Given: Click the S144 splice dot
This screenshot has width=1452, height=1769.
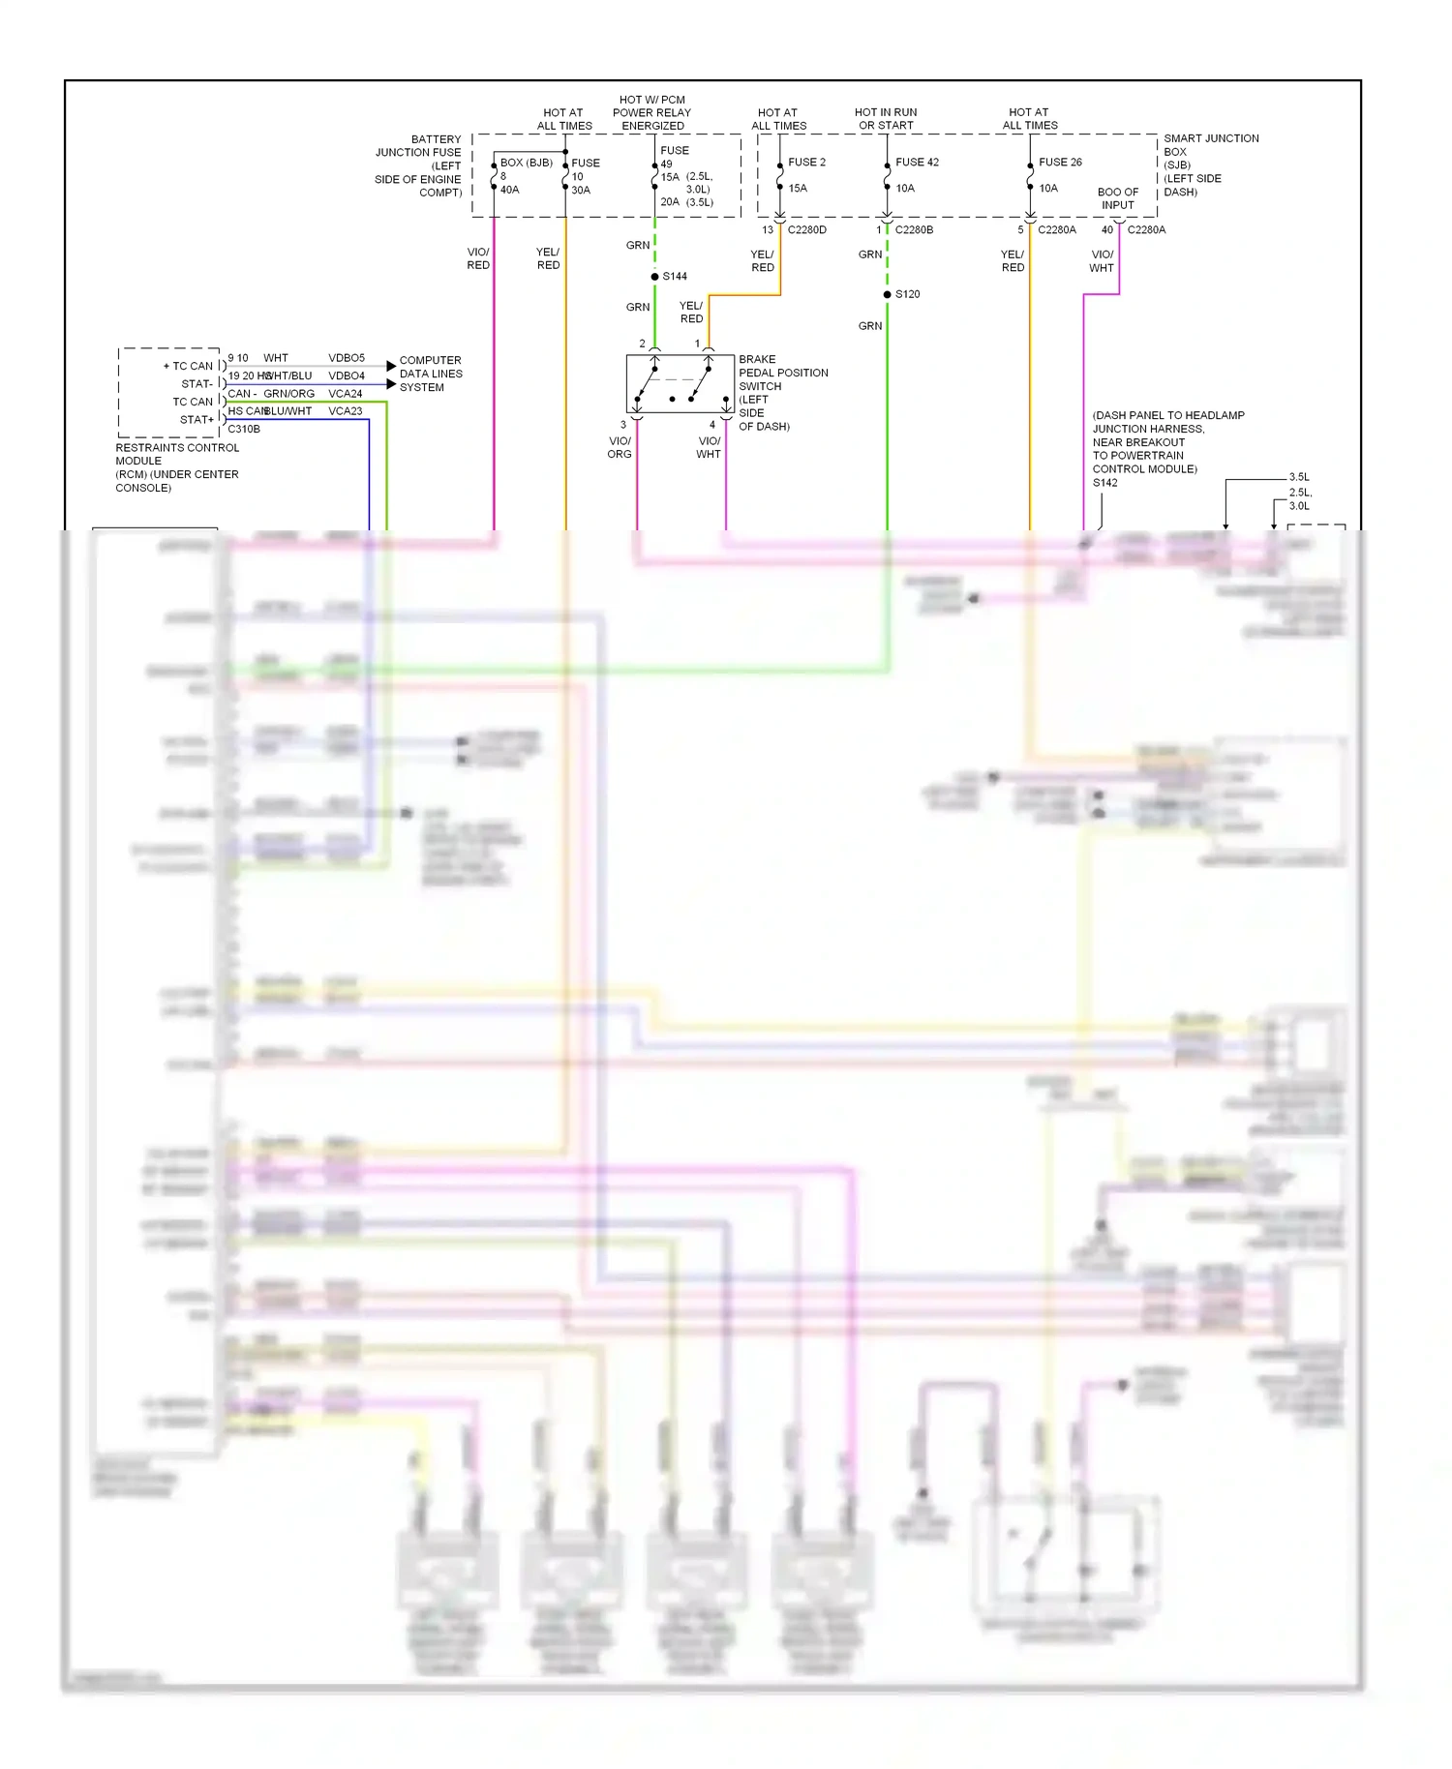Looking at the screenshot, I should (x=655, y=277).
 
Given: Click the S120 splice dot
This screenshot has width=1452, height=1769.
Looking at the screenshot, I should (x=887, y=294).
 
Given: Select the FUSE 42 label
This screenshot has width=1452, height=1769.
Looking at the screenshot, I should (x=917, y=163).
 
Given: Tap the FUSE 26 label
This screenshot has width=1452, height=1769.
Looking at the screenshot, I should (x=1060, y=163).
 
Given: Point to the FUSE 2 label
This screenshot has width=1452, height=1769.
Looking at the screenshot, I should (x=806, y=163).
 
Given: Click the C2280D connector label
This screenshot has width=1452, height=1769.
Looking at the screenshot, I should (x=806, y=230).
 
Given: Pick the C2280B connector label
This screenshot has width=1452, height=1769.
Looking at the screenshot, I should (x=914, y=230).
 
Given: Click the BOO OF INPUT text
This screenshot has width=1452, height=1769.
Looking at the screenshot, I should (x=1117, y=198).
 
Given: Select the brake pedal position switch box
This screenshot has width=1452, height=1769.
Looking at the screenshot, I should (x=680, y=384).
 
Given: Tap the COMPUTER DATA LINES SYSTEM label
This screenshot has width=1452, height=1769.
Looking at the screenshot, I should (x=431, y=374).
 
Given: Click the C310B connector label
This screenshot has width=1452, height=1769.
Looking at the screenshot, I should (x=244, y=430).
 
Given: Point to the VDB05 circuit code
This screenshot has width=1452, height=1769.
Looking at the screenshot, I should (x=347, y=358).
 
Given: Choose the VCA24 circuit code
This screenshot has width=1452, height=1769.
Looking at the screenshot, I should (x=346, y=394).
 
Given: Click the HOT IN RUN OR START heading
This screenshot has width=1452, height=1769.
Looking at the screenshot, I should (x=886, y=119).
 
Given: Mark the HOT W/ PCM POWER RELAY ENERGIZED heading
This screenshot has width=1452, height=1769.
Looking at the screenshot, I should (x=652, y=113).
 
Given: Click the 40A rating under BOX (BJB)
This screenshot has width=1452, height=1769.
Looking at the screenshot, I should (x=510, y=190).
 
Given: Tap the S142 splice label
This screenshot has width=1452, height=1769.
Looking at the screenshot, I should (x=1105, y=483).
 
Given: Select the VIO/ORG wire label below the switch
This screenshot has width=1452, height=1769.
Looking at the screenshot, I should (x=620, y=447).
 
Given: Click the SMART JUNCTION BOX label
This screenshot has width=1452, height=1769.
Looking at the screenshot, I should (x=1210, y=165).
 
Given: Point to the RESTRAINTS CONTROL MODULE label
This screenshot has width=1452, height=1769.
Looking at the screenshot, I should (x=177, y=467).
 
